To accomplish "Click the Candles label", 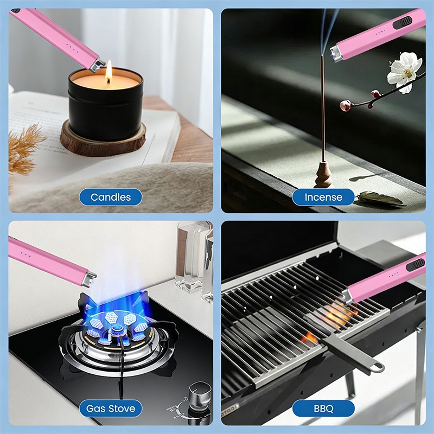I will (111, 197).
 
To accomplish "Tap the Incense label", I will (323, 197).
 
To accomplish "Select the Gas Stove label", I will (111, 408).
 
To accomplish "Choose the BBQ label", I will (323, 408).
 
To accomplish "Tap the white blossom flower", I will (404, 71).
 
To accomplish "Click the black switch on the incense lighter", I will (405, 23).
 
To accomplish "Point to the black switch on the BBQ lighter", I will (418, 263).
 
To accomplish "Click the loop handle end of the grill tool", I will (374, 368).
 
